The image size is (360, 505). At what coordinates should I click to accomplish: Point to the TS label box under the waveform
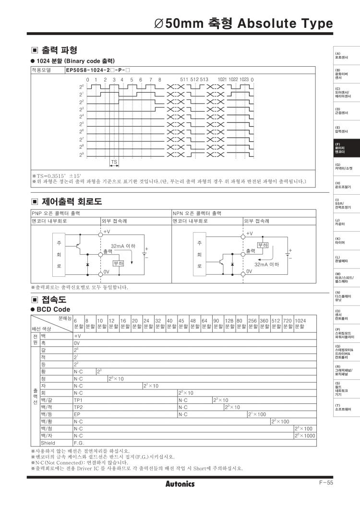point(114,162)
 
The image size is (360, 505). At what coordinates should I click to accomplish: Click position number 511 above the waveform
point(184,79)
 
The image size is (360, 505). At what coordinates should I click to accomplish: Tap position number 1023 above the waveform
point(244,79)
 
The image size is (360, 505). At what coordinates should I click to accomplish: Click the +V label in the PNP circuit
point(107,232)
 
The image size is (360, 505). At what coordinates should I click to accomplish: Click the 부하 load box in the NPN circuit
point(263,245)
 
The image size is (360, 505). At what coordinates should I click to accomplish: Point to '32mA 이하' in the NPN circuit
point(266,264)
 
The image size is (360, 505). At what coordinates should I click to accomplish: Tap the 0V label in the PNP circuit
point(107,271)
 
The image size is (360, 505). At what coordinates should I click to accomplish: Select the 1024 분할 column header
point(300,323)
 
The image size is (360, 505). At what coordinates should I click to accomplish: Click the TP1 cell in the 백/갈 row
point(78,399)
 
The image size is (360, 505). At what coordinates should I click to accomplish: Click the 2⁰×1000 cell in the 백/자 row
point(304,435)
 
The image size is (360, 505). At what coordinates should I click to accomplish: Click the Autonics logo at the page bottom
point(180,484)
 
